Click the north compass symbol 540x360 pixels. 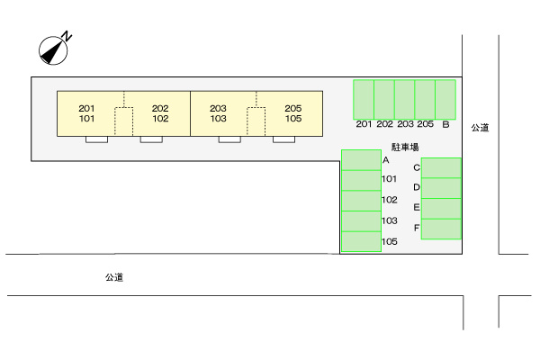pyautogui.click(x=56, y=49)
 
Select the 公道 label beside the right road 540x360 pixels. pyautogui.click(x=480, y=128)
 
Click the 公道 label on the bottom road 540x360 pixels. pyautogui.click(x=113, y=278)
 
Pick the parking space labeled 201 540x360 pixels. pyautogui.click(x=363, y=99)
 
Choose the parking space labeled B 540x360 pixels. pyautogui.click(x=446, y=99)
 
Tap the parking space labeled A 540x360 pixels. pyautogui.click(x=361, y=159)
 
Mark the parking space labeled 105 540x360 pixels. pyautogui.click(x=361, y=241)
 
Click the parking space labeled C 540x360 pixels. pyautogui.click(x=441, y=167)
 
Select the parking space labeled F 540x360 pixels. pyautogui.click(x=441, y=229)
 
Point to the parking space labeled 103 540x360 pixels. pyautogui.click(x=361, y=220)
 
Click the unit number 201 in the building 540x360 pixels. pyautogui.click(x=87, y=108)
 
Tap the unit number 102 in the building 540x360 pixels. pyautogui.click(x=160, y=118)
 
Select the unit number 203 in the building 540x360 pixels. pyautogui.click(x=218, y=108)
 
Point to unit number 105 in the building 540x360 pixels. pyautogui.click(x=292, y=118)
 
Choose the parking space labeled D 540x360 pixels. pyautogui.click(x=441, y=187)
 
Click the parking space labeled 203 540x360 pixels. pyautogui.click(x=405, y=99)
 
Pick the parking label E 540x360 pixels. pyautogui.click(x=417, y=207)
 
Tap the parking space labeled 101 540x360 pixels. pyautogui.click(x=361, y=179)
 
